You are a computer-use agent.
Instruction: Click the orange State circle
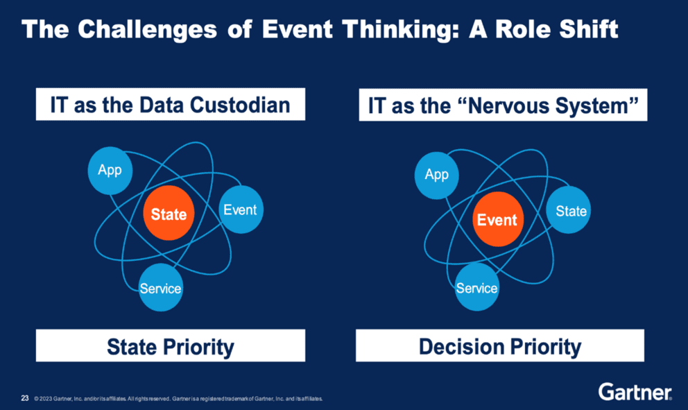[x=169, y=214]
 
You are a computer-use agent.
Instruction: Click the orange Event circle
[x=497, y=220]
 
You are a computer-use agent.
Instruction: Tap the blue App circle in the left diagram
[x=110, y=170]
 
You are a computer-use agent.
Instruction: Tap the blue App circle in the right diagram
[x=436, y=174]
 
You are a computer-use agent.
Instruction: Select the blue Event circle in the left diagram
[x=240, y=210]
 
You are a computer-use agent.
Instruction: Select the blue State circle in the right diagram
[x=570, y=211]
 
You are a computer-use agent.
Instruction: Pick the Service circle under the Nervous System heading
[x=476, y=287]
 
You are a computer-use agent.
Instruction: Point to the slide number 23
[x=25, y=398]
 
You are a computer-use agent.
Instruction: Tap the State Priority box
[x=170, y=346]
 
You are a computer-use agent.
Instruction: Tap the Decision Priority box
[x=499, y=346]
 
